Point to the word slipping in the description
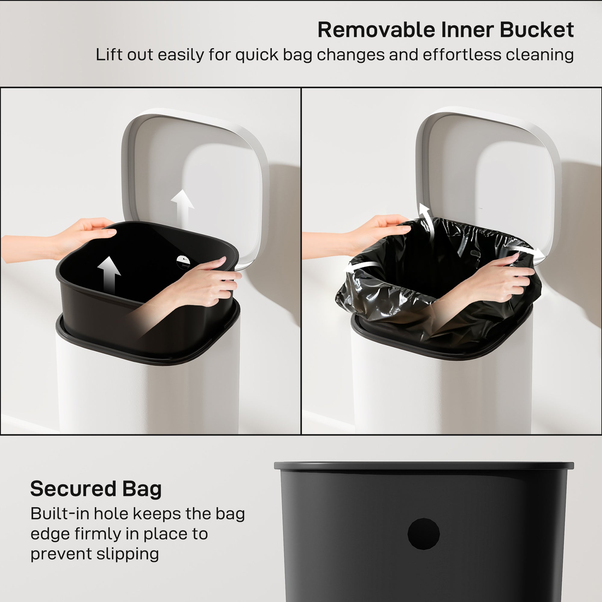click(127, 554)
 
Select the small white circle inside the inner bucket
click(183, 262)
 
